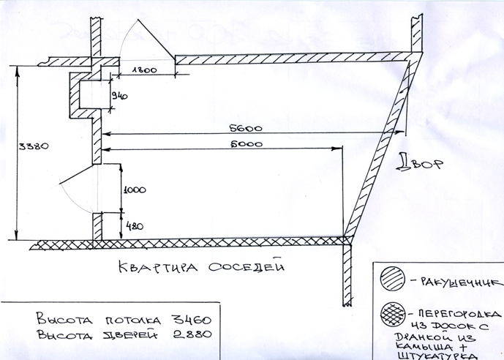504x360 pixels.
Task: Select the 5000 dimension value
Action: tap(249, 144)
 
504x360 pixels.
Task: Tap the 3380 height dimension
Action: tap(32, 146)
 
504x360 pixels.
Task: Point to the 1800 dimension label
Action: tap(145, 71)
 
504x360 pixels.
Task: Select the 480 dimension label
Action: tap(132, 225)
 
